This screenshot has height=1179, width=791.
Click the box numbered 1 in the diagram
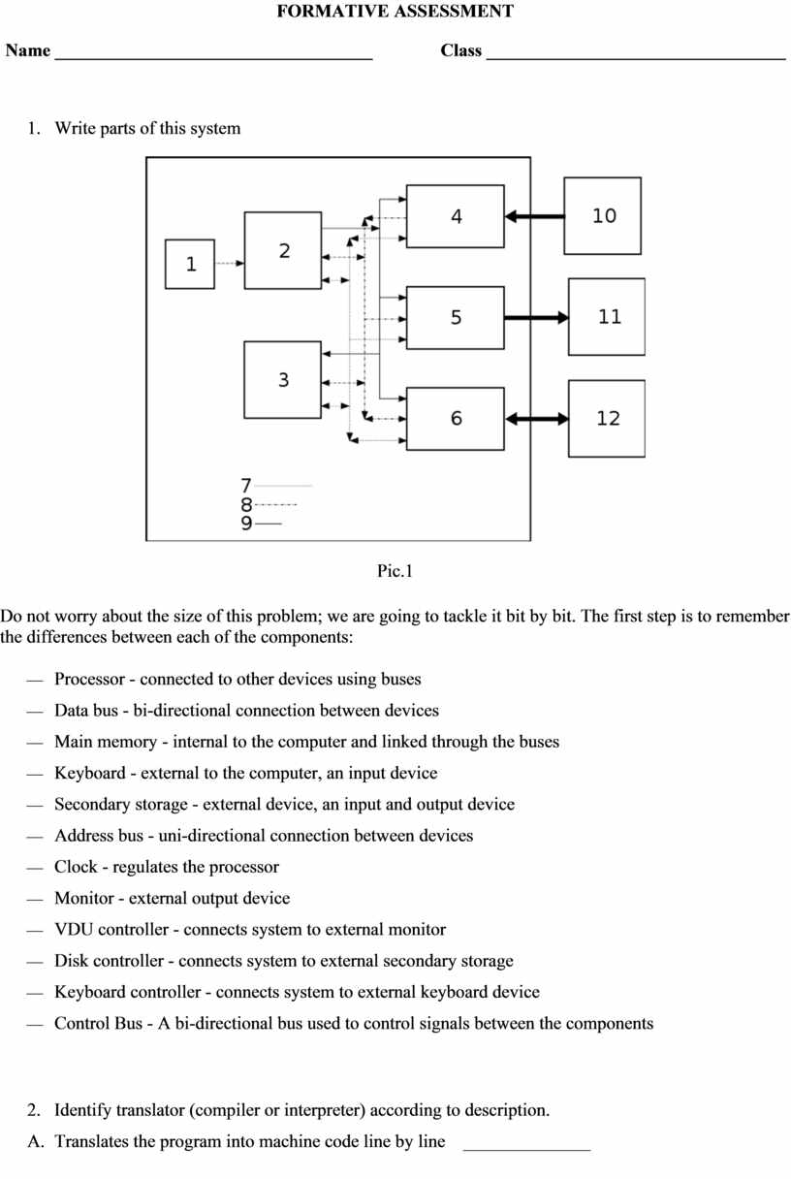click(190, 264)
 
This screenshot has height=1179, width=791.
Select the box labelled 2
click(283, 251)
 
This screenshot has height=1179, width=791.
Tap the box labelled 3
click(283, 380)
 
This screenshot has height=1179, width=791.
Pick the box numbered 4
click(456, 216)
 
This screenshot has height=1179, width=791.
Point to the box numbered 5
click(456, 318)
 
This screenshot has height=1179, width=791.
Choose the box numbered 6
click(456, 419)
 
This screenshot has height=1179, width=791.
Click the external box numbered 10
click(603, 216)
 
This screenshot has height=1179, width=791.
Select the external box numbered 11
click(607, 317)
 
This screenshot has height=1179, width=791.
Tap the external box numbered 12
click(607, 419)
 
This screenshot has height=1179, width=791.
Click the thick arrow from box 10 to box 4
click(534, 216)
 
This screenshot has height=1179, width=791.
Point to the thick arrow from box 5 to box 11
click(536, 317)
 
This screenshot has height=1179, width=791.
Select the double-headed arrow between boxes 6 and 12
click(536, 419)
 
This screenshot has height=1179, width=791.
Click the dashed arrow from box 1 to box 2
click(229, 263)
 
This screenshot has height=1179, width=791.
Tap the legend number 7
click(246, 485)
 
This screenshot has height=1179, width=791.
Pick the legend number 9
click(246, 524)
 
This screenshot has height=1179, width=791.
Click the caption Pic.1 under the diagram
click(395, 571)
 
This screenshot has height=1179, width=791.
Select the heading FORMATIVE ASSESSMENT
click(395, 12)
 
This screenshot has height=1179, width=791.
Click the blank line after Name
click(213, 56)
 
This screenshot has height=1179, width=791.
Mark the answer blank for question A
click(526, 1145)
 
